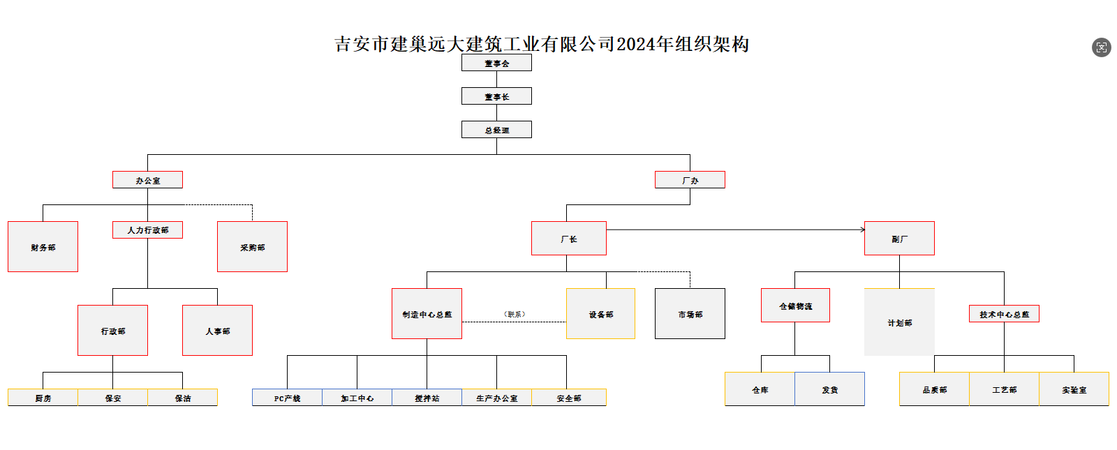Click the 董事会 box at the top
496,63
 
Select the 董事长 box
496,96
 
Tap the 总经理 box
496,130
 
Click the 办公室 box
147,180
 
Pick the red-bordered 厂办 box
690,180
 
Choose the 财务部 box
43,247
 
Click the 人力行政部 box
147,230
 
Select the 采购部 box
252,247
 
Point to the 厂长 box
568,239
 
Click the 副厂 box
899,239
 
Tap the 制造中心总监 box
427,314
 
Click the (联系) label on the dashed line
515,314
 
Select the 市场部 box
690,314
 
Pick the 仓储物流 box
795,306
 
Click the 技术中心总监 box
1004,314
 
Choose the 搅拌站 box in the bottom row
427,398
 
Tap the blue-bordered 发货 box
829,389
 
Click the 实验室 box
1074,389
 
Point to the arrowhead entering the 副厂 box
862,230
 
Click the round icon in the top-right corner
1101,47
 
